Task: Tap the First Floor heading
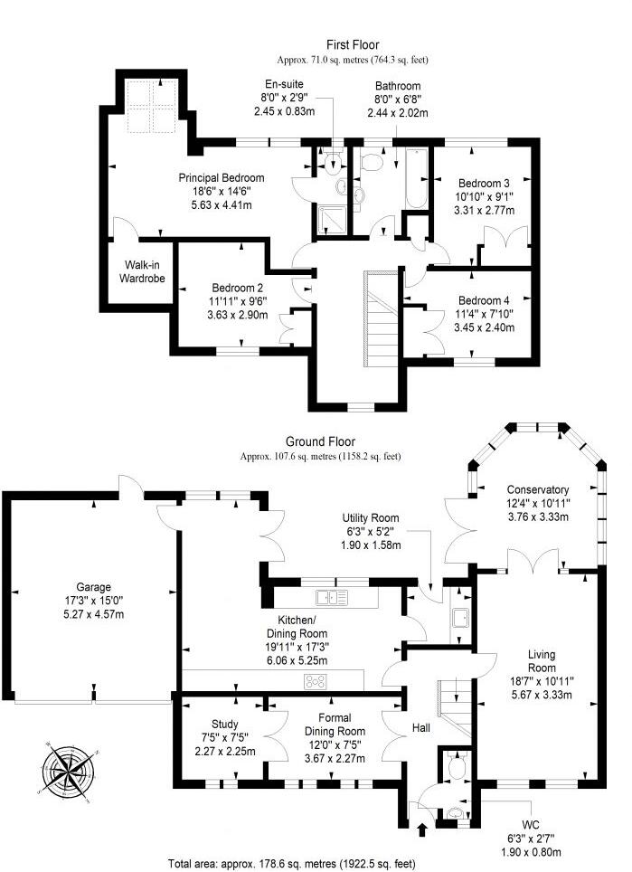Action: (353, 44)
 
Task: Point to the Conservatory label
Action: (538, 489)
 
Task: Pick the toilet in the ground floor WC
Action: (456, 769)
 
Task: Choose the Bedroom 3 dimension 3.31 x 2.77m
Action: (486, 210)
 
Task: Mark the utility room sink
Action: (458, 618)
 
